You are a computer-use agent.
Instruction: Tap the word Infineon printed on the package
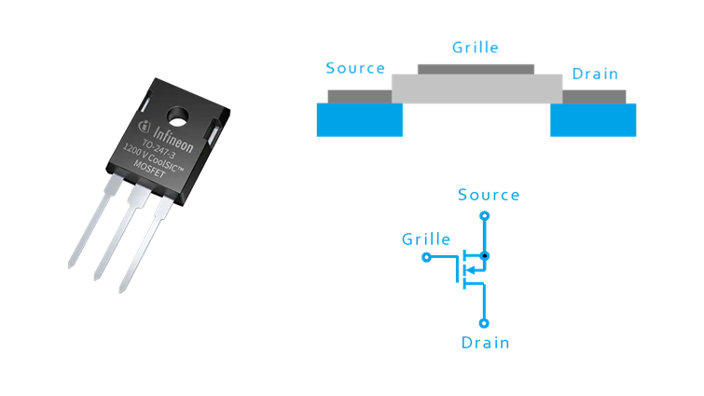pos(168,137)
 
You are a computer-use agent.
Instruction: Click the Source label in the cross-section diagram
pos(355,69)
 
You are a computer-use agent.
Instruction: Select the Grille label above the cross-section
pos(475,47)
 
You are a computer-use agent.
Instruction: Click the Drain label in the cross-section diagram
pos(594,74)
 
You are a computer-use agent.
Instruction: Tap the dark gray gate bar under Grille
pos(476,68)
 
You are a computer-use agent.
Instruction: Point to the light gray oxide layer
pos(476,89)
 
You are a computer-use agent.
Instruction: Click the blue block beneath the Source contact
pos(359,119)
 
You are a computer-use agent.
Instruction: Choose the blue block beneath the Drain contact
pos(593,119)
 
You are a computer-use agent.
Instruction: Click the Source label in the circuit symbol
pos(489,195)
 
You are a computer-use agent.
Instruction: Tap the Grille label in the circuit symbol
pos(426,239)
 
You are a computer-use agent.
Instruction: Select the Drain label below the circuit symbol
pos(485,343)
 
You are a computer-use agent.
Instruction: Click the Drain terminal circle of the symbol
pos(484,323)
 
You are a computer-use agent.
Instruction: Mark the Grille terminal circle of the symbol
pos(426,256)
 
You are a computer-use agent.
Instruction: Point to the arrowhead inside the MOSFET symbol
pos(472,271)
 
